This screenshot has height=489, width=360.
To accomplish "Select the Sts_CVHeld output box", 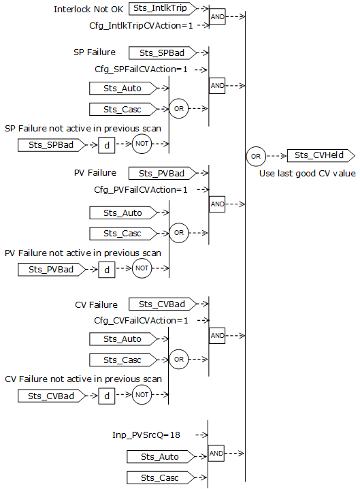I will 319,155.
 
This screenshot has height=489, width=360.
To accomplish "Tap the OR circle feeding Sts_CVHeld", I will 256,156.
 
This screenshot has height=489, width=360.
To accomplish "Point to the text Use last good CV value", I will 308,174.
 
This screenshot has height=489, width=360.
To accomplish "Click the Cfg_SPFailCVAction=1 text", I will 141,69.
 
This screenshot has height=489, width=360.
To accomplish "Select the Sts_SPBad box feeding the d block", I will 51,144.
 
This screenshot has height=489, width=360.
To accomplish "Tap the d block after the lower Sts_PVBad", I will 107,269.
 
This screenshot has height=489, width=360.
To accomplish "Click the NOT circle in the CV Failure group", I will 142,395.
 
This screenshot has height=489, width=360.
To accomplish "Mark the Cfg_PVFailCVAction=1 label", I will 140,189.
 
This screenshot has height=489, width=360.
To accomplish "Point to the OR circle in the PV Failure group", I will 179,233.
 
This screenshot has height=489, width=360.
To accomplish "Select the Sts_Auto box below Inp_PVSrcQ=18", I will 161,456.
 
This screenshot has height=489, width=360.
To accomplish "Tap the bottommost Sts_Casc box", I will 160,477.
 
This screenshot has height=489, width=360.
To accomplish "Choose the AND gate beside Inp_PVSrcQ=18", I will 217,453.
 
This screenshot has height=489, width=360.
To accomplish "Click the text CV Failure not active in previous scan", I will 83,379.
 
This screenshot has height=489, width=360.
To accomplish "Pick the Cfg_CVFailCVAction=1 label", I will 140,320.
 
